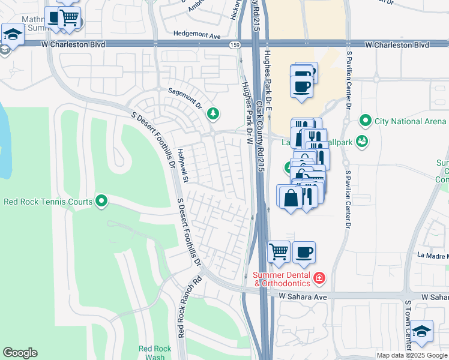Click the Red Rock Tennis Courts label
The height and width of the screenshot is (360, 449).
pos(48,202)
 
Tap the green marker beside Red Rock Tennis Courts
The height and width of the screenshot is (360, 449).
pos(101,200)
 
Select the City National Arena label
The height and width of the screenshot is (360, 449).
pos(411,121)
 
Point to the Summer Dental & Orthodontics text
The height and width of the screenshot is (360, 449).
pos(280,279)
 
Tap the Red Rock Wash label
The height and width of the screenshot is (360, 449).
pos(151,353)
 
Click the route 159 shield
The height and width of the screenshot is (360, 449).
pos(235,44)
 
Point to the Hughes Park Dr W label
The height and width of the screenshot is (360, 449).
pos(246,114)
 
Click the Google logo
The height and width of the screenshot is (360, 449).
pos(20,353)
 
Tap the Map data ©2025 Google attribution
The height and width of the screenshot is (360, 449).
pos(412,355)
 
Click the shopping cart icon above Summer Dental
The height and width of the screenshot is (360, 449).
pos(279,251)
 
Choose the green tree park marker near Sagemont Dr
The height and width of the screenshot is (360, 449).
pos(212,112)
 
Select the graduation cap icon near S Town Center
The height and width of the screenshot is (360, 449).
pos(422,332)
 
